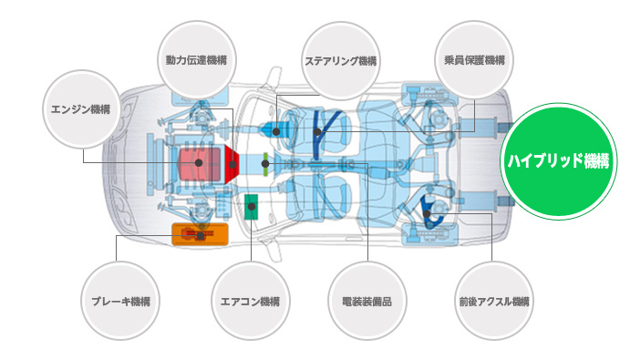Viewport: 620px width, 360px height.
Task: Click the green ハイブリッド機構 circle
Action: click(x=559, y=161)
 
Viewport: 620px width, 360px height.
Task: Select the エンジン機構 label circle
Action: click(x=81, y=109)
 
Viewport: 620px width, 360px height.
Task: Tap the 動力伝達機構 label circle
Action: click(x=197, y=60)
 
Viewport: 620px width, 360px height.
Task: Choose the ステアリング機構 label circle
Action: click(x=341, y=61)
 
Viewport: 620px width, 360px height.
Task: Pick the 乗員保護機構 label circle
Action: click(x=474, y=60)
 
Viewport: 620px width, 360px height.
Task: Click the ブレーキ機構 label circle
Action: click(x=120, y=301)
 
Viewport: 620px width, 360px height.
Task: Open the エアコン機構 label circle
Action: click(x=251, y=301)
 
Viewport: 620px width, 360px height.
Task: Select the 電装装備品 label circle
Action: click(x=367, y=301)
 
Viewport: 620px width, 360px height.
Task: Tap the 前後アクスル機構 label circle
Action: click(x=494, y=301)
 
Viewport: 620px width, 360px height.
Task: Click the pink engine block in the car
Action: click(x=199, y=163)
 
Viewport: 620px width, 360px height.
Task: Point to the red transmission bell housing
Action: click(x=232, y=164)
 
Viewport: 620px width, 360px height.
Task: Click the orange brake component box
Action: click(x=200, y=234)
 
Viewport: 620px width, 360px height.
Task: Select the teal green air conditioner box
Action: click(x=251, y=207)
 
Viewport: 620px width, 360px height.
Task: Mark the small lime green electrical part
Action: click(x=265, y=164)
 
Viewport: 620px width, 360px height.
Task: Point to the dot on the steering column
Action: click(x=276, y=131)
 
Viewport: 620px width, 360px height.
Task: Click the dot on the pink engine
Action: click(x=199, y=162)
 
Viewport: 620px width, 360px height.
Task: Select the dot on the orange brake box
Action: click(x=201, y=236)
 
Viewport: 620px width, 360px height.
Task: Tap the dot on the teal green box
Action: click(x=252, y=206)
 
